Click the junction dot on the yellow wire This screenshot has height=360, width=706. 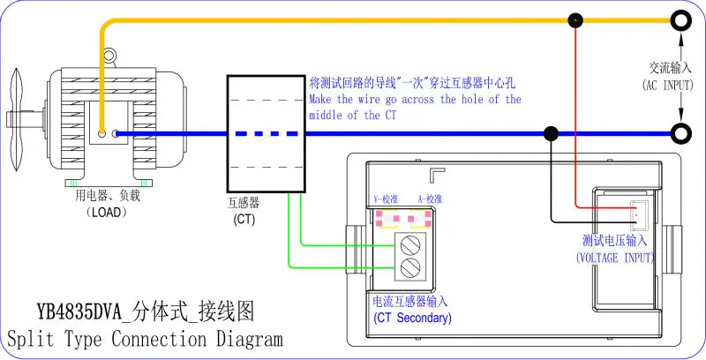click(x=575, y=20)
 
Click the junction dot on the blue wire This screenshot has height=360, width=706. click(x=551, y=133)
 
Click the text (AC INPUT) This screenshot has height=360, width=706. click(x=668, y=85)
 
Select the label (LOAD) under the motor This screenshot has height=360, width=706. click(x=107, y=212)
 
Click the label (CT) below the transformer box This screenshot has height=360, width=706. click(x=244, y=220)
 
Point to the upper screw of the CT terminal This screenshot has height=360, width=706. click(x=410, y=245)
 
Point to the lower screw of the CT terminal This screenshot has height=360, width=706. click(x=410, y=267)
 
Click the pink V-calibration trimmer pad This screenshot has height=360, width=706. click(x=387, y=219)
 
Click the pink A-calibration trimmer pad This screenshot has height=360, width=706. click(x=419, y=219)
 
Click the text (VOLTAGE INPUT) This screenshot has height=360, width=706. click(x=615, y=258)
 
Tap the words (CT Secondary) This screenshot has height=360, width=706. click(x=412, y=318)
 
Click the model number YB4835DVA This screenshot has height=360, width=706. click(x=79, y=311)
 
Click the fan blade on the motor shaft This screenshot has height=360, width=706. click(x=17, y=120)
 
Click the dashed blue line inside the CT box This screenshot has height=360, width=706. click(x=267, y=133)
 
